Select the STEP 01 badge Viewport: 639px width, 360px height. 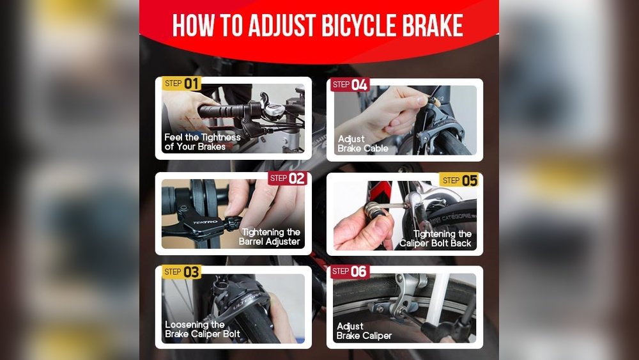point(182,83)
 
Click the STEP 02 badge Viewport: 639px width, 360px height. point(287,178)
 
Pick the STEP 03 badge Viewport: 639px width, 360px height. point(182,272)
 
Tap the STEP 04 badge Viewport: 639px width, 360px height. point(350,84)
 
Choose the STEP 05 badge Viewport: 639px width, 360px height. point(459,180)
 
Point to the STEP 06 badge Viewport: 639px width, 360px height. point(350,271)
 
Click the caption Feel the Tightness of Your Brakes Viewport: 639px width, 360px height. point(202,142)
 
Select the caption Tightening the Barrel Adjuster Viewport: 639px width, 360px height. point(270,237)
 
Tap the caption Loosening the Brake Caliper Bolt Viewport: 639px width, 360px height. point(202,329)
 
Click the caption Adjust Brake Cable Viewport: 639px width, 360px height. point(362,144)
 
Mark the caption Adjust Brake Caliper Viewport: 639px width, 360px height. point(364,331)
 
